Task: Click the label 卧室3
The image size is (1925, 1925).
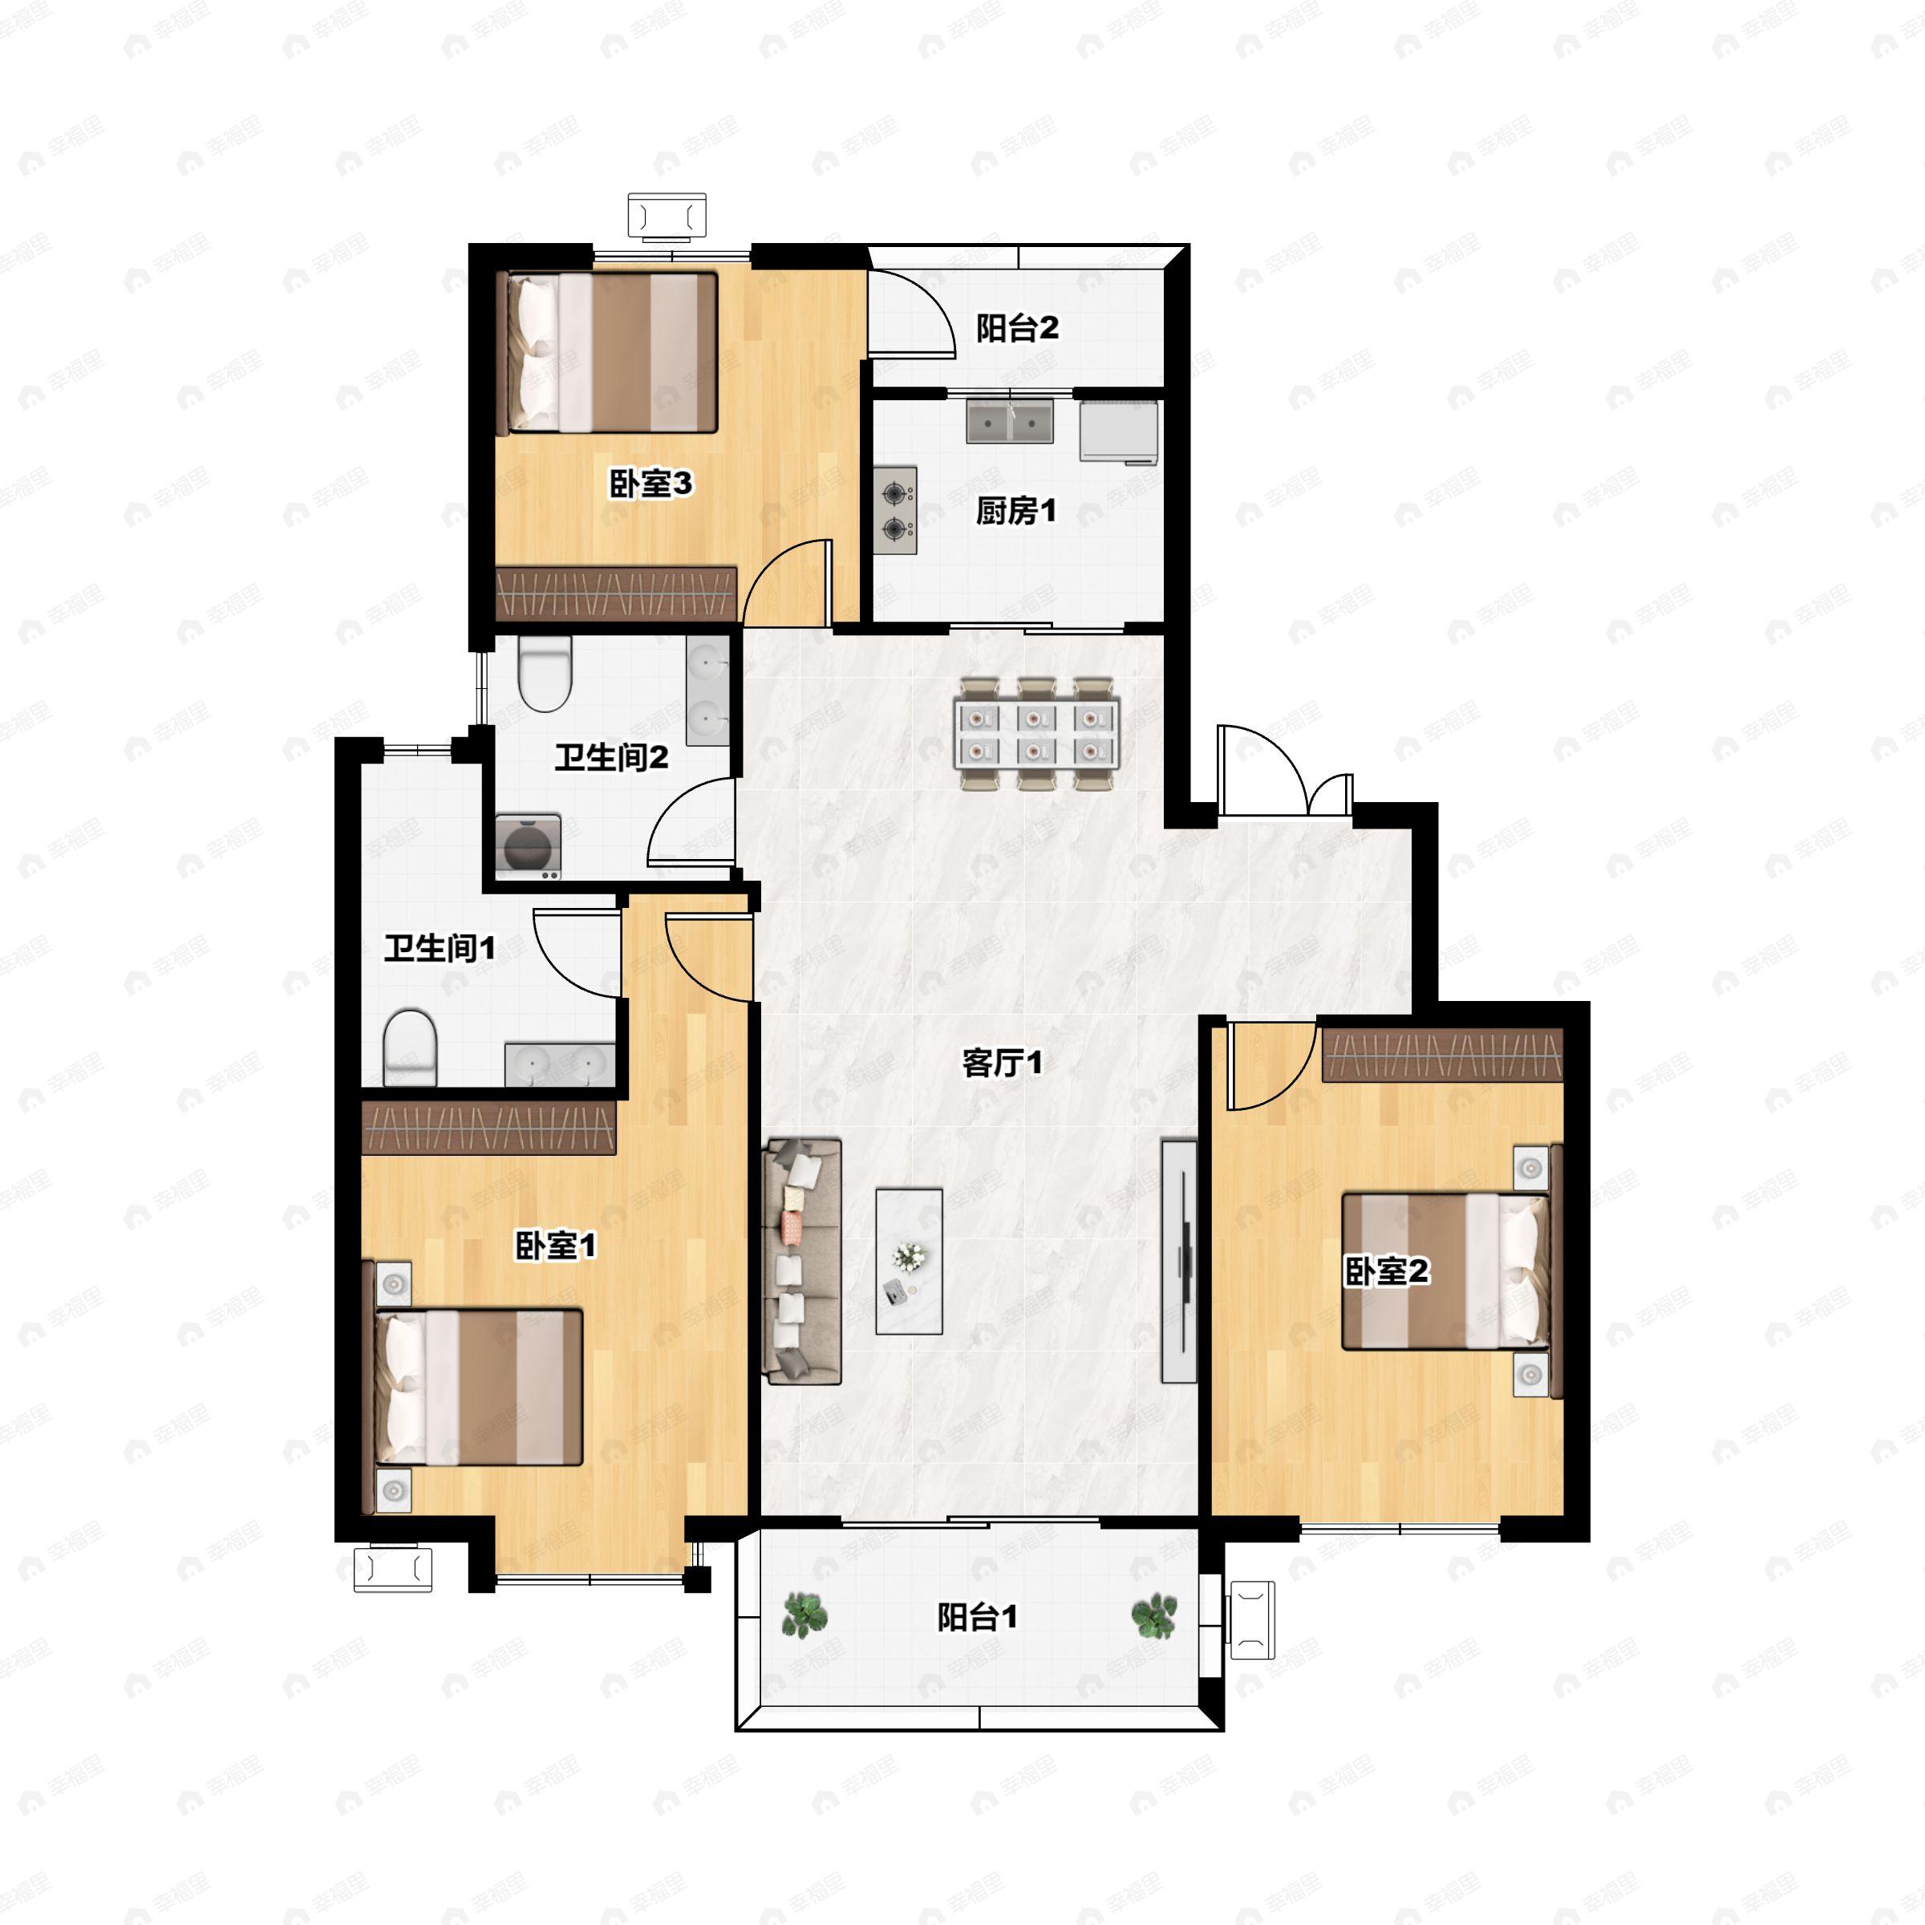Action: pyautogui.click(x=650, y=485)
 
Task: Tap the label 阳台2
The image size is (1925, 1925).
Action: pyautogui.click(x=1016, y=328)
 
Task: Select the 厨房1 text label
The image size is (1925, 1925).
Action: pyautogui.click(x=1015, y=511)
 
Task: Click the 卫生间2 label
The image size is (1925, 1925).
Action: pyautogui.click(x=610, y=757)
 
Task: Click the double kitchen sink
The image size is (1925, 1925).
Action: pyautogui.click(x=1009, y=423)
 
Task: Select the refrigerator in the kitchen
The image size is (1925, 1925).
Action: pyautogui.click(x=1119, y=432)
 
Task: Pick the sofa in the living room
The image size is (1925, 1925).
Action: pyautogui.click(x=802, y=1262)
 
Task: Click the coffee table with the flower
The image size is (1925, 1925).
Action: pyautogui.click(x=909, y=1260)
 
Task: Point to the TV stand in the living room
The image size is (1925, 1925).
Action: pyautogui.click(x=1180, y=1260)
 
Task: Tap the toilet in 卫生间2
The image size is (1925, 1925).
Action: pyautogui.click(x=545, y=675)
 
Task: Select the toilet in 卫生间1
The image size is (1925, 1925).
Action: pyautogui.click(x=411, y=1045)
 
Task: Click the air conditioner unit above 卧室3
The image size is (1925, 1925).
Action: pyautogui.click(x=667, y=217)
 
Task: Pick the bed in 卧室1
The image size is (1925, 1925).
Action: pyautogui.click(x=478, y=1387)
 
